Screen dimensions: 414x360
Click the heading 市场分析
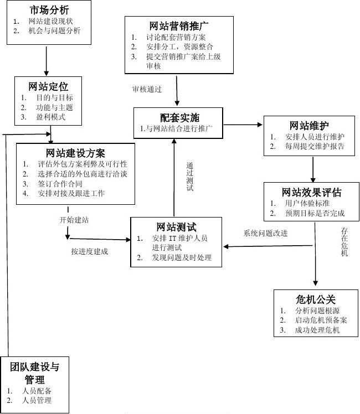pyautogui.click(x=50, y=9)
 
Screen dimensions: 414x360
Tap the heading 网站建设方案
pyautogui.click(x=75, y=153)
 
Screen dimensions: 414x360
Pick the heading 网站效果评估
pyautogui.click(x=312, y=193)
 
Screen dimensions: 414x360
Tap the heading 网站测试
pyautogui.click(x=176, y=227)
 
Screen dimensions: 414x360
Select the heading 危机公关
pyautogui.click(x=316, y=299)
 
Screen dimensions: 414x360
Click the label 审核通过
pyautogui.click(x=147, y=89)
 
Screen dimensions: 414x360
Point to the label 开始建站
pyautogui.click(x=74, y=220)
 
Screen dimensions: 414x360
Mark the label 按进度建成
pyautogui.click(x=89, y=251)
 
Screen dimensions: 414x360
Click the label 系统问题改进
pyautogui.click(x=266, y=233)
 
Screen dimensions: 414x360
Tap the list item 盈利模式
pyautogui.click(x=50, y=117)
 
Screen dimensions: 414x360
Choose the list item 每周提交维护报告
pyautogui.click(x=315, y=147)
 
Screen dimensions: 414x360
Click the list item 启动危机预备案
pyautogui.click(x=313, y=320)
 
